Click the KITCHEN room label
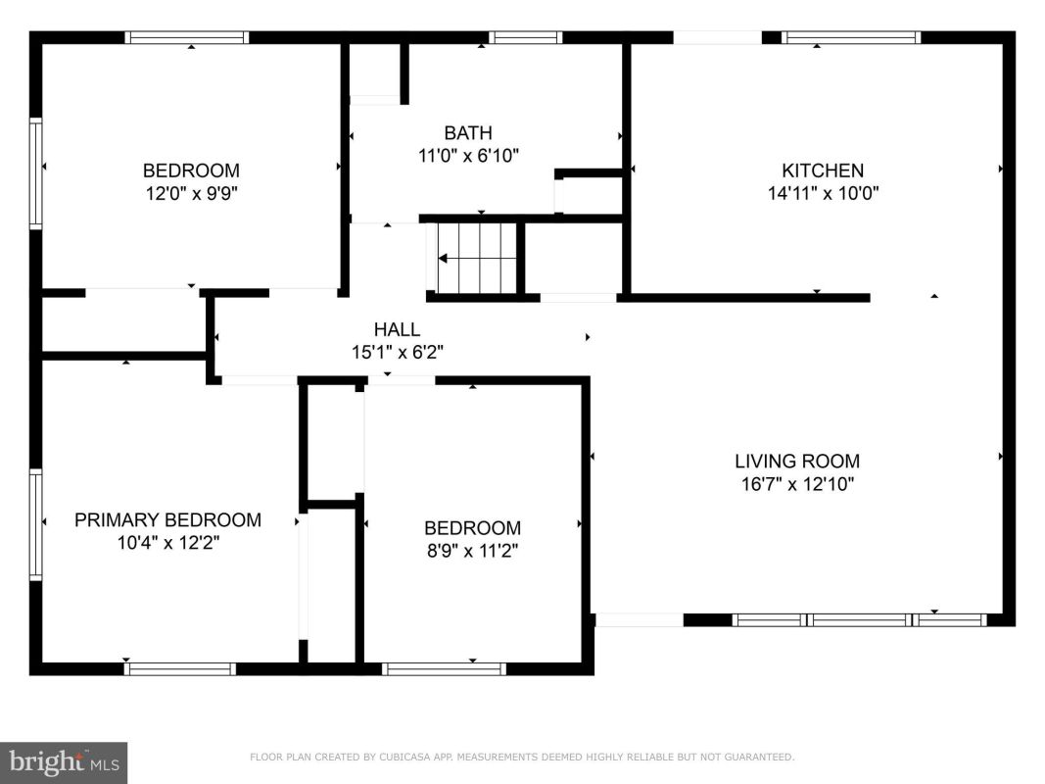tap(823, 171)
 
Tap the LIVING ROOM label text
tap(797, 461)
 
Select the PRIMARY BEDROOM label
tap(167, 520)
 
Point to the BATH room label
tap(468, 132)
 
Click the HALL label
tap(398, 329)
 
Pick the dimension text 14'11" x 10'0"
tap(823, 193)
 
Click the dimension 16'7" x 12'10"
tap(798, 484)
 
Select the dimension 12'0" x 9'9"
tap(192, 194)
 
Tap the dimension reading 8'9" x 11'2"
tap(472, 552)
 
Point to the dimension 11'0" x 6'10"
tap(468, 156)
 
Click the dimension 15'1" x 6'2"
tap(398, 352)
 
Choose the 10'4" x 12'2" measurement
tap(168, 543)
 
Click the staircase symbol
tap(476, 258)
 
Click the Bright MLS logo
tap(64, 762)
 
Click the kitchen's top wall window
tap(851, 37)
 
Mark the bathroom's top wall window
tap(525, 37)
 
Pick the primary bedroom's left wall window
tap(35, 524)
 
